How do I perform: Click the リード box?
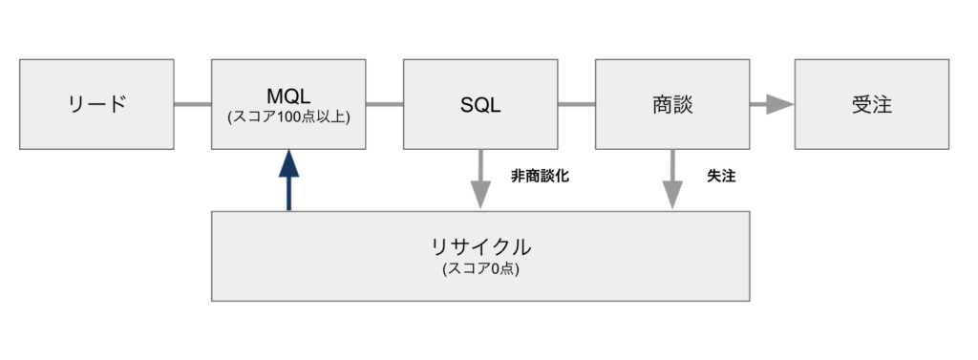pyautogui.click(x=96, y=104)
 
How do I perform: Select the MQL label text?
pyautogui.click(x=287, y=95)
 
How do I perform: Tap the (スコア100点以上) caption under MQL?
pyautogui.click(x=287, y=117)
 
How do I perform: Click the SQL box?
pyautogui.click(x=480, y=104)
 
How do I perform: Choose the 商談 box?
pyautogui.click(x=672, y=104)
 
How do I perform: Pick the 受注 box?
pyautogui.click(x=871, y=104)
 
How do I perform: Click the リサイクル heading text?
pyautogui.click(x=480, y=246)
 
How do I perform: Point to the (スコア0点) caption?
pyautogui.click(x=480, y=269)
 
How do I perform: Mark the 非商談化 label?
pyautogui.click(x=541, y=177)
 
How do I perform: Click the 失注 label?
pyautogui.click(x=721, y=177)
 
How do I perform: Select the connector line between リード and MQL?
pyautogui.click(x=192, y=104)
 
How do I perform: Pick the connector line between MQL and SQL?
pyautogui.click(x=384, y=104)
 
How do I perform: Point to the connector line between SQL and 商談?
pyautogui.click(x=576, y=104)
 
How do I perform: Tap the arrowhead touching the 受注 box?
pyautogui.click(x=783, y=104)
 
